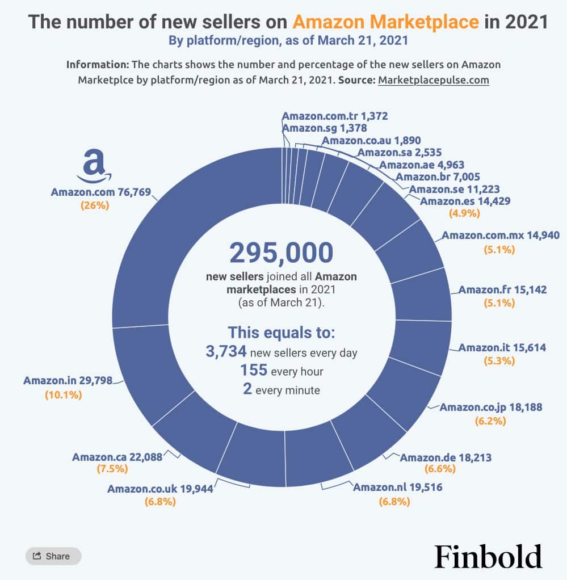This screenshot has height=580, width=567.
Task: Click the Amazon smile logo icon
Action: click(x=94, y=165)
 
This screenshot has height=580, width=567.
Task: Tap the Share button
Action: click(x=53, y=556)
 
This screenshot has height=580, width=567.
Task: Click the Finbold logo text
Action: click(x=488, y=556)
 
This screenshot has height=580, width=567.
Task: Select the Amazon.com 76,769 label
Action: click(x=101, y=192)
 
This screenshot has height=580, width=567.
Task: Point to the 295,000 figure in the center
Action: click(x=281, y=254)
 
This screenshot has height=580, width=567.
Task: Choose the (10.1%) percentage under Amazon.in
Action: click(x=63, y=394)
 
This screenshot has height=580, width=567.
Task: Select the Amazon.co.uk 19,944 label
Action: click(x=160, y=489)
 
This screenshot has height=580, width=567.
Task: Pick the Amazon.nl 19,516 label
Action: click(x=397, y=487)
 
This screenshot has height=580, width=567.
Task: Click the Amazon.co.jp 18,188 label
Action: click(x=491, y=407)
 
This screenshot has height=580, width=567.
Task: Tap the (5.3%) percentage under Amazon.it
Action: click(x=498, y=362)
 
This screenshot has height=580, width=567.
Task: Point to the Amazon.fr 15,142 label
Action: click(x=502, y=289)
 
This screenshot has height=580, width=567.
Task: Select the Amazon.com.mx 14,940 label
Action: click(x=493, y=235)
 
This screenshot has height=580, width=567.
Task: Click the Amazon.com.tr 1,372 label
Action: click(x=334, y=116)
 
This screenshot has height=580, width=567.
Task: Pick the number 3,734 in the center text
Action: click(x=226, y=352)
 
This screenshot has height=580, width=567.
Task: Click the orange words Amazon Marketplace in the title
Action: click(x=385, y=22)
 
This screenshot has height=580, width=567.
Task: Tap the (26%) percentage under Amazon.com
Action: click(x=94, y=205)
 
